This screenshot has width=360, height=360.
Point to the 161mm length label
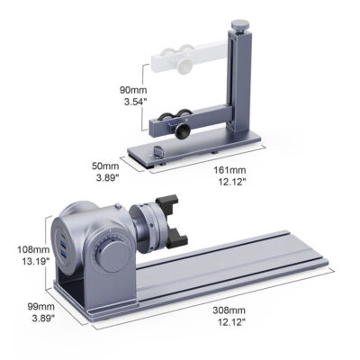coord(229,167)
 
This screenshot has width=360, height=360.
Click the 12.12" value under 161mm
coord(229,180)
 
